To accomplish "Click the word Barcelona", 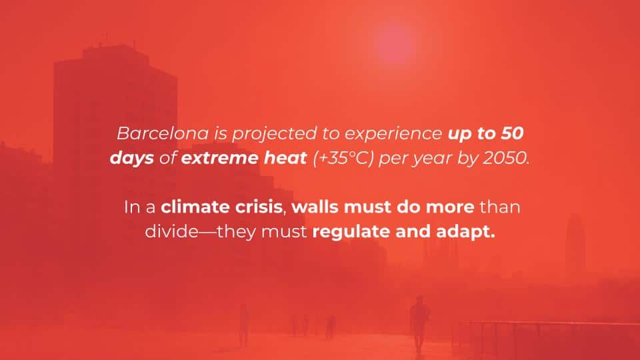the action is point(163,133).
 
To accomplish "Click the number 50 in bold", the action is point(512,133).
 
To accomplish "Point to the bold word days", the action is point(132,159).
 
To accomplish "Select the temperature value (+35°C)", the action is point(343,159).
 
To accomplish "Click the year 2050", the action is point(506,158).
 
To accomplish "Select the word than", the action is point(500,207).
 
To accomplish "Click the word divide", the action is point(171,231).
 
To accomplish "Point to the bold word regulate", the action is point(351,232).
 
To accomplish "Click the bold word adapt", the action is point(465,232).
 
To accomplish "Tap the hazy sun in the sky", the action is point(394,44).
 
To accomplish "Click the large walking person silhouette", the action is point(419,323).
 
